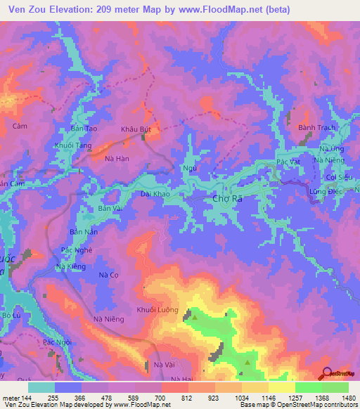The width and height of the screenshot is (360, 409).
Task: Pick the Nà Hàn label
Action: pyautogui.click(x=117, y=160)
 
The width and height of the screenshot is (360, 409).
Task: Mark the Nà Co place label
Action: pyautogui.click(x=108, y=275)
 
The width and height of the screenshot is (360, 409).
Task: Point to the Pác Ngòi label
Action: pyautogui.click(x=58, y=342)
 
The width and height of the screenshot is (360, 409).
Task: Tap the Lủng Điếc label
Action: pyautogui.click(x=324, y=191)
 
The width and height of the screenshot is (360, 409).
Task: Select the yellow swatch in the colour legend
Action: pyautogui.click(x=281, y=387)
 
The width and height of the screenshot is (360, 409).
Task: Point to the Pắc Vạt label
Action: pyautogui.click(x=288, y=162)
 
